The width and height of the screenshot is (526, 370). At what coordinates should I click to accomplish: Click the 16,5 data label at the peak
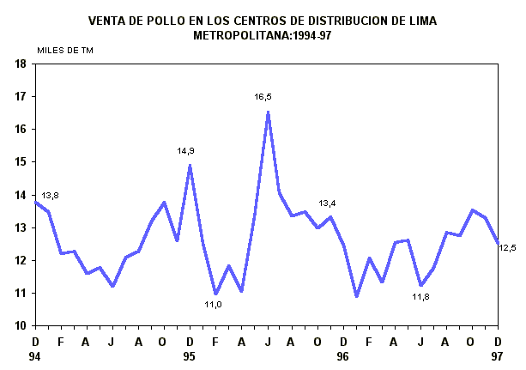point(263,97)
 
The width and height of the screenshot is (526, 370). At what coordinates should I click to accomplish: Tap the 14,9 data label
point(186,151)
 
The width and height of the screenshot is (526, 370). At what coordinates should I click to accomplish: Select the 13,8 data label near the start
point(50,196)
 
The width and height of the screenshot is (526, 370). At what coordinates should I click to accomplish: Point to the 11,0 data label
point(213,304)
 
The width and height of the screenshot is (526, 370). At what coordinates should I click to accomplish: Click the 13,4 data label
point(327,203)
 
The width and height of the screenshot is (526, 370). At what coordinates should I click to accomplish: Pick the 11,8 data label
point(420,297)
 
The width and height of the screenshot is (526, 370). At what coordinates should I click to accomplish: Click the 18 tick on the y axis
point(19,64)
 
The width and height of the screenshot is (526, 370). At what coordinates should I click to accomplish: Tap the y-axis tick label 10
point(19,325)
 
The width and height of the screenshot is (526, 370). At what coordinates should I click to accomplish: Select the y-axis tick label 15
point(19,161)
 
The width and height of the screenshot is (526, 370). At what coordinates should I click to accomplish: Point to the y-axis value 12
point(19,260)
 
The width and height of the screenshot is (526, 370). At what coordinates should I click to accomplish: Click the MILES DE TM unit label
point(65,50)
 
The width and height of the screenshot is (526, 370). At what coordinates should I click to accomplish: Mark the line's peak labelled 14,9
point(190,165)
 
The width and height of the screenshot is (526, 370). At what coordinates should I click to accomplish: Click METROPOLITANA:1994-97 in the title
point(262,35)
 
